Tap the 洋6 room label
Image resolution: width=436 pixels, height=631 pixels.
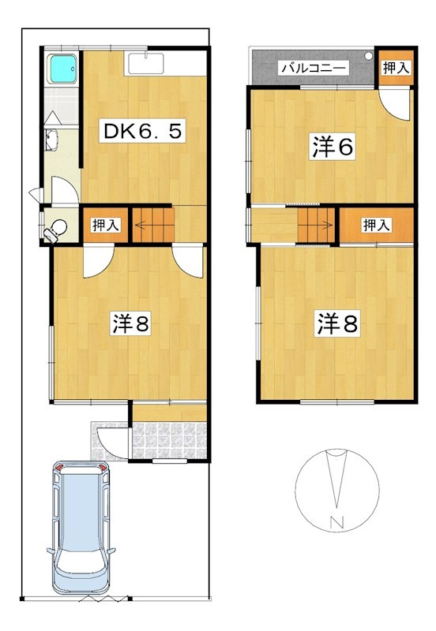click(x=331, y=147)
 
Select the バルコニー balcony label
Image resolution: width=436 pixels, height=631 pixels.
click(x=313, y=69)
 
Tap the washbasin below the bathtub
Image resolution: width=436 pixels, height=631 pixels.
click(x=54, y=140)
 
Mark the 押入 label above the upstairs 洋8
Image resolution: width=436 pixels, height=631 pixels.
click(x=376, y=226)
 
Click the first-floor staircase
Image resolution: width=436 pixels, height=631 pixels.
click(x=152, y=224)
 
